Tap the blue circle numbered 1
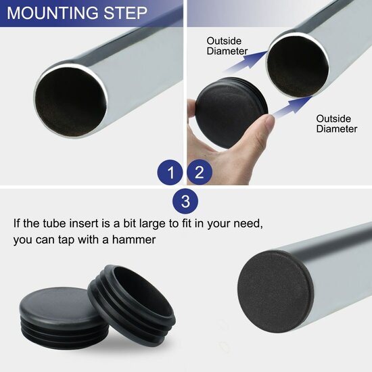point(170,172)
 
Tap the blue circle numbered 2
point(200,172)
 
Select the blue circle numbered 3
point(185,201)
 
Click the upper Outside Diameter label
point(227,46)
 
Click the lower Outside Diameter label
point(337,124)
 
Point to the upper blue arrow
point(246,61)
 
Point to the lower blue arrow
point(292,106)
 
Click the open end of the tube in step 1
point(71,102)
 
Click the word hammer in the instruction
point(134,239)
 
